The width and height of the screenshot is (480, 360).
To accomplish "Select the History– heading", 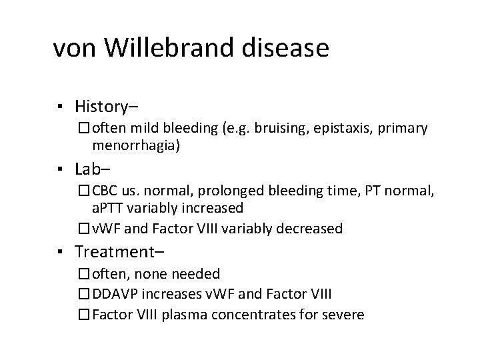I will (x=107, y=106).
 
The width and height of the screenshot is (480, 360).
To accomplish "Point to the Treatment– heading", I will (x=120, y=252).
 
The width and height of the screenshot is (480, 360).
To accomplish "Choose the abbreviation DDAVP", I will (x=117, y=293).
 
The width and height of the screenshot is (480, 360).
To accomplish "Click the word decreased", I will (x=305, y=229).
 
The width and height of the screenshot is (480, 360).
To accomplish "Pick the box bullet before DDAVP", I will (x=83, y=294).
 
